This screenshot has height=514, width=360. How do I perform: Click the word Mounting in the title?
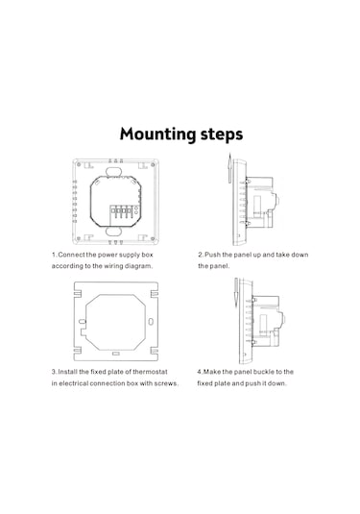tap(157, 135)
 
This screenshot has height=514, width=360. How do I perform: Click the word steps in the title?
tap(222, 135)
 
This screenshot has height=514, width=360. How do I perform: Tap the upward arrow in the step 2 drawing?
tap(229, 168)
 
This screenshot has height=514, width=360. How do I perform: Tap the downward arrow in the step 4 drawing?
tap(236, 293)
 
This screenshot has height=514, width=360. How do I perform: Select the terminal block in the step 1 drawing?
tap(121, 212)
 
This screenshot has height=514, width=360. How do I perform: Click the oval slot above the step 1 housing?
tap(113, 172)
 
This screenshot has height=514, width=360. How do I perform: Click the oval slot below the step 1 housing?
tap(113, 232)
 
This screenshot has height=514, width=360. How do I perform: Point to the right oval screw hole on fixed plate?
tap(151, 322)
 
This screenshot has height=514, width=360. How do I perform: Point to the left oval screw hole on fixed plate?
tap(82, 322)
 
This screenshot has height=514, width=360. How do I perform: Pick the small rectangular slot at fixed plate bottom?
tap(115, 354)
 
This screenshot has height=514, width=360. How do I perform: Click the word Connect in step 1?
tap(71, 255)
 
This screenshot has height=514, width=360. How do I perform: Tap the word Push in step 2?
tap(212, 255)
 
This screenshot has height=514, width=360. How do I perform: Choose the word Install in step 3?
tap(68, 372)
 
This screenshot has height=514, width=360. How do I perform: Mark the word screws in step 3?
tap(166, 383)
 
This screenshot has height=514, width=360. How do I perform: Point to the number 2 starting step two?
tap(201, 255)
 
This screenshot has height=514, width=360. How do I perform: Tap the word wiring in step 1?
tap(113, 266)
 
